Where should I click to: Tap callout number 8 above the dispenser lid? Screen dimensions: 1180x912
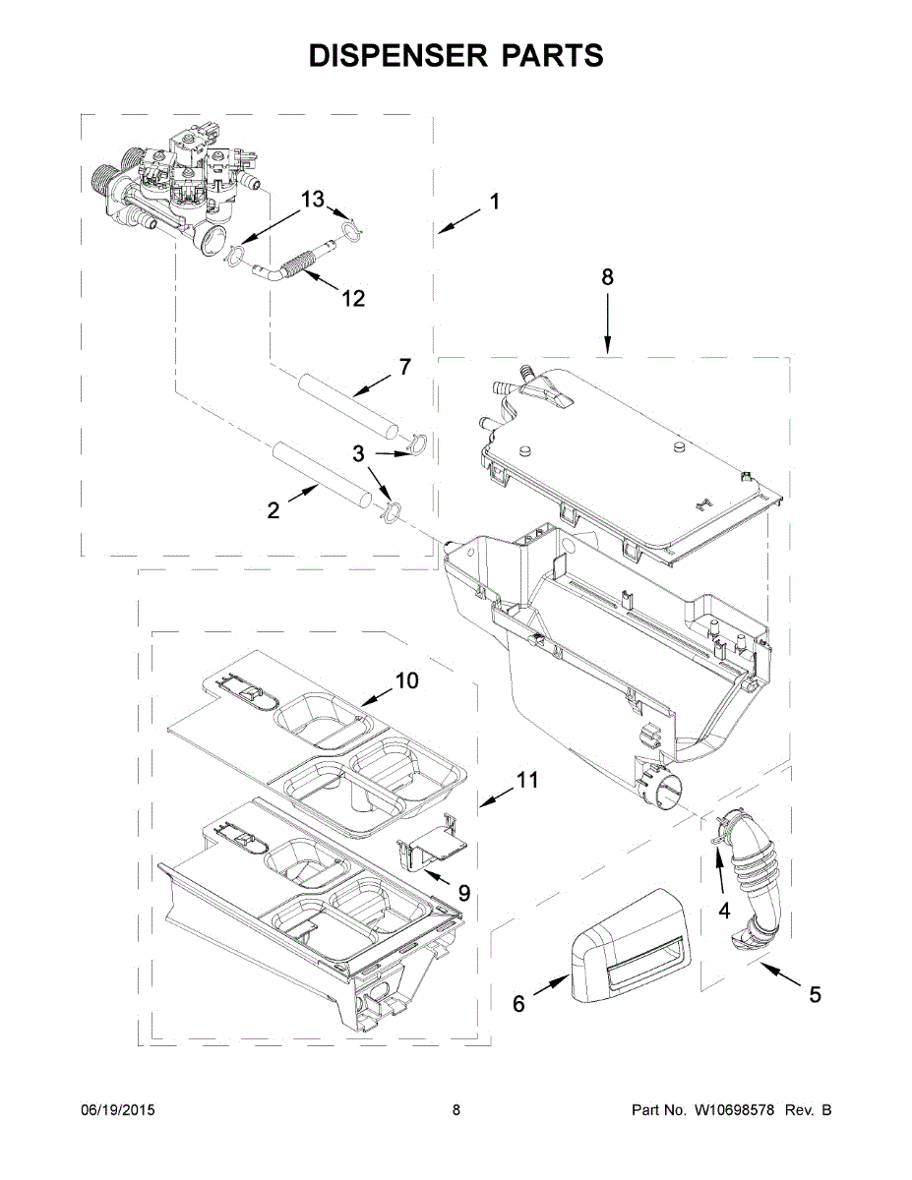(x=607, y=278)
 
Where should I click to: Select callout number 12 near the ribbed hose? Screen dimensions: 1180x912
(x=353, y=298)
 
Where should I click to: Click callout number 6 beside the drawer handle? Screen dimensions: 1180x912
(x=518, y=1004)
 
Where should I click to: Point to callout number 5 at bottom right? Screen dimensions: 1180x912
(x=815, y=994)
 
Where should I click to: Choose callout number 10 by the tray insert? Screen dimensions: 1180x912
(x=407, y=679)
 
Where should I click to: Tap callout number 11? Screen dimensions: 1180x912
(x=528, y=781)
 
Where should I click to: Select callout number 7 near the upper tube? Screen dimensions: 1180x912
(x=404, y=367)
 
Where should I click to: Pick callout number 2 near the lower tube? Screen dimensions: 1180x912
(x=274, y=509)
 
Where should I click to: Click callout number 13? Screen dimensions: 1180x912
(x=312, y=200)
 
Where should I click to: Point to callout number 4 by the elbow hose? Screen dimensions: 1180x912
(x=724, y=912)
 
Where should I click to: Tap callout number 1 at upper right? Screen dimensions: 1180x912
(x=494, y=203)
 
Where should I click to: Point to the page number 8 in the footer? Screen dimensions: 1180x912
(x=456, y=1110)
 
